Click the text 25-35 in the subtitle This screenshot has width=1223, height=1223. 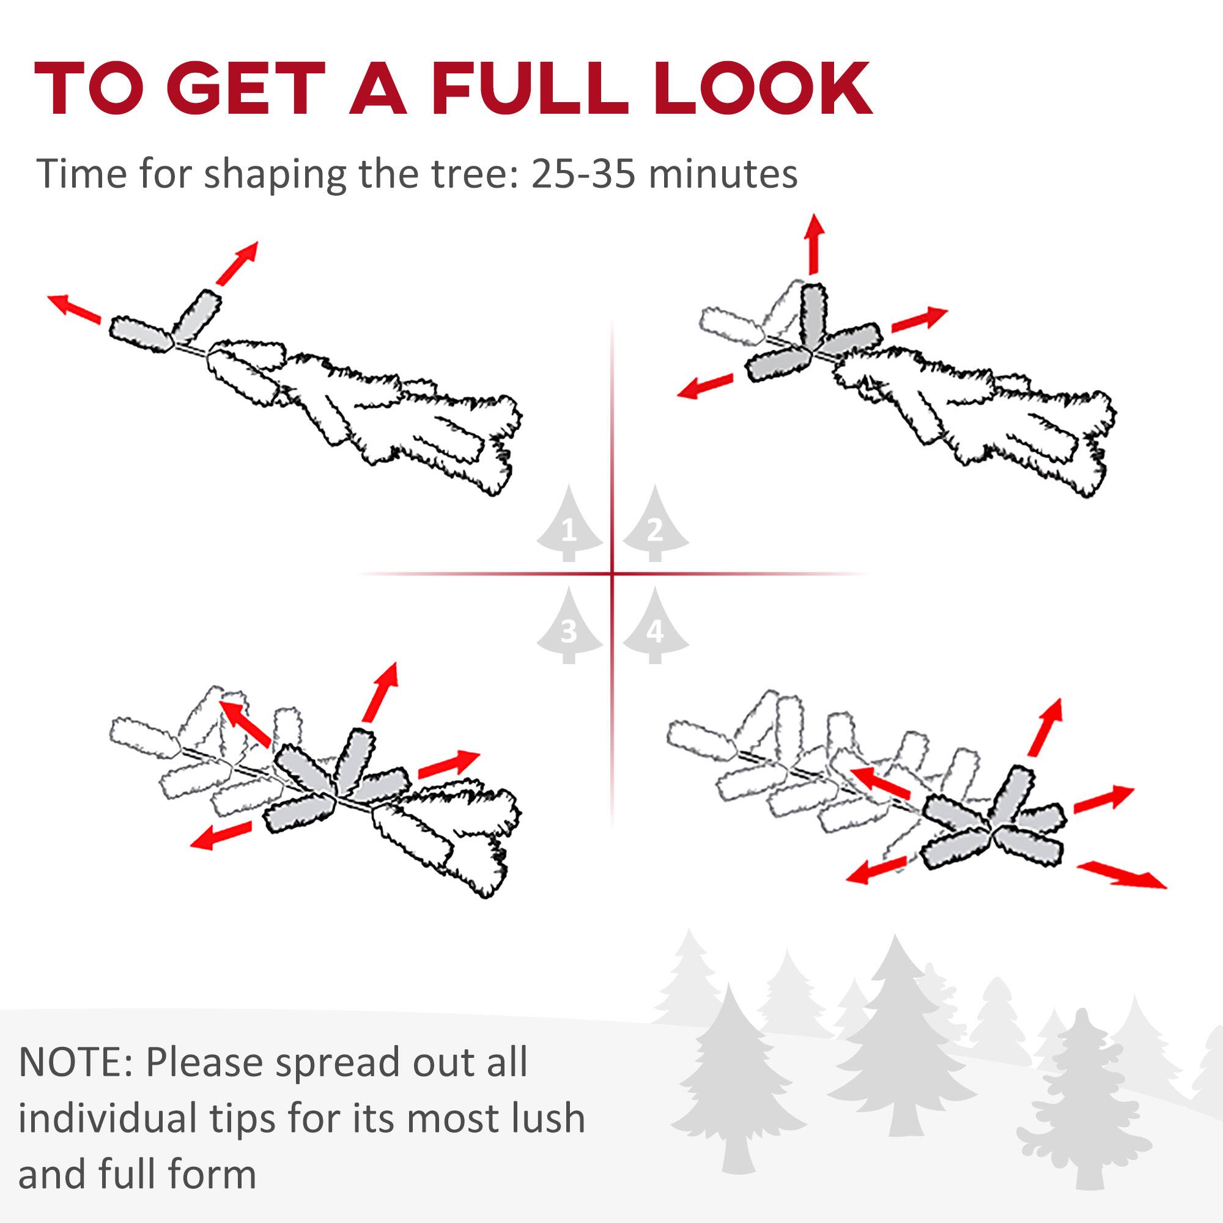tap(582, 174)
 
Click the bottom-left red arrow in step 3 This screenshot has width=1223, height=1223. tap(221, 835)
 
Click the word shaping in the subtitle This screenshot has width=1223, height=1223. tap(274, 174)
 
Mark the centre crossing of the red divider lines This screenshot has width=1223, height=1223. tap(612, 574)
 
